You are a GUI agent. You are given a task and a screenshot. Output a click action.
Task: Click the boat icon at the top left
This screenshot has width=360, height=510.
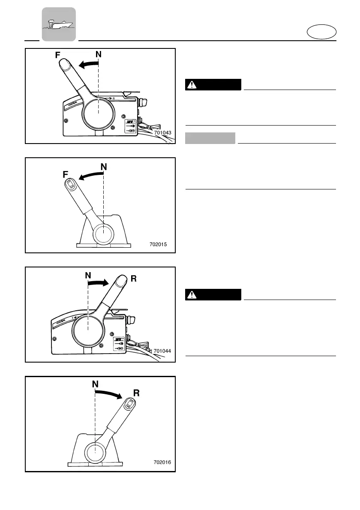59,24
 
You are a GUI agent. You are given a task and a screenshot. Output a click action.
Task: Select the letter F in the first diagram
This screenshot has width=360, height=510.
57,55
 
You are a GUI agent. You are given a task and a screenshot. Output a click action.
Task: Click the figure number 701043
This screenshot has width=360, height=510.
162,133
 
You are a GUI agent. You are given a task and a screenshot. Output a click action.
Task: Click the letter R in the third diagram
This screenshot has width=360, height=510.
134,279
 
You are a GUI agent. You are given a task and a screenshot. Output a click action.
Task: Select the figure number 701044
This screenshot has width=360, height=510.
162,351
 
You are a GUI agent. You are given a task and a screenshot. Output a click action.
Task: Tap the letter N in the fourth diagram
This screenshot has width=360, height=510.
96,384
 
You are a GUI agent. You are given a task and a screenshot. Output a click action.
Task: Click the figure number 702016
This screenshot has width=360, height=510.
162,462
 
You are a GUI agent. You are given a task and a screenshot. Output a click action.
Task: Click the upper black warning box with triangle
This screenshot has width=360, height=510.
213,84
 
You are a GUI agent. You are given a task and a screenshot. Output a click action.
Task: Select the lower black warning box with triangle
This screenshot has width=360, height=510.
213,294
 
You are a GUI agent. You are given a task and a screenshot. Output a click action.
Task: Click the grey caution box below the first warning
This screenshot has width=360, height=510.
210,138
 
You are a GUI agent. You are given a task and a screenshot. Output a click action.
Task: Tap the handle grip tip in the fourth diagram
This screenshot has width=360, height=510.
130,403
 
